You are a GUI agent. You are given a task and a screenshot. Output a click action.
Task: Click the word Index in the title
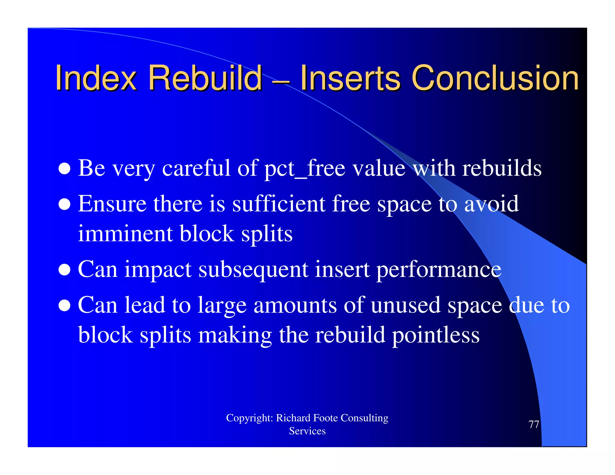[x=96, y=78]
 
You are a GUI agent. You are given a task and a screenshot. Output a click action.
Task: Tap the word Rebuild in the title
[x=205, y=78]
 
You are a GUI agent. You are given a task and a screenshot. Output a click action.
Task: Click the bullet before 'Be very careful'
[x=65, y=169]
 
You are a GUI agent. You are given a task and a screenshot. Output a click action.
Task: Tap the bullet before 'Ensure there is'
[x=65, y=204]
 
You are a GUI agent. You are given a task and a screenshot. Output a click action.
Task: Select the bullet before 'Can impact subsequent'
[x=65, y=270]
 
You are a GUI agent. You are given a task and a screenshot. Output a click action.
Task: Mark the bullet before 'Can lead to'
[x=65, y=305]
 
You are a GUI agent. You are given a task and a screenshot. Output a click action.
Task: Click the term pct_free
[x=304, y=169]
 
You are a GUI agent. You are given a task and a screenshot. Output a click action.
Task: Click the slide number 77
[x=534, y=424]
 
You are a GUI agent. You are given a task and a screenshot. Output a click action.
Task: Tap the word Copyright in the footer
[x=249, y=418]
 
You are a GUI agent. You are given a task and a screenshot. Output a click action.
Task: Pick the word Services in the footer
[x=307, y=431]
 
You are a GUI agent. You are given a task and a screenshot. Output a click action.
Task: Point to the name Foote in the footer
[x=326, y=418]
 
